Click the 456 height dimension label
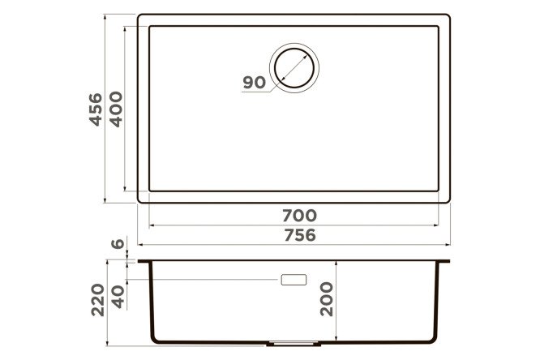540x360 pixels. pos(96,109)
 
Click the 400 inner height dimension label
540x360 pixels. pos(116,109)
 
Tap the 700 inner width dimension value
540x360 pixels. pos(300,216)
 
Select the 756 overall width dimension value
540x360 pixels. pos(300,235)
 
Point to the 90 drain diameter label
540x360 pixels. pos(254,83)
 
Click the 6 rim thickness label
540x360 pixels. pos(118,243)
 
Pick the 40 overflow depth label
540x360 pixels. pos(118,297)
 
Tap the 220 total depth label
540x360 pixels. pos(98,300)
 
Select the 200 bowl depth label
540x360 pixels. pos(327,299)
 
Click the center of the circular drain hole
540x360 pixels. pos(294,68)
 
